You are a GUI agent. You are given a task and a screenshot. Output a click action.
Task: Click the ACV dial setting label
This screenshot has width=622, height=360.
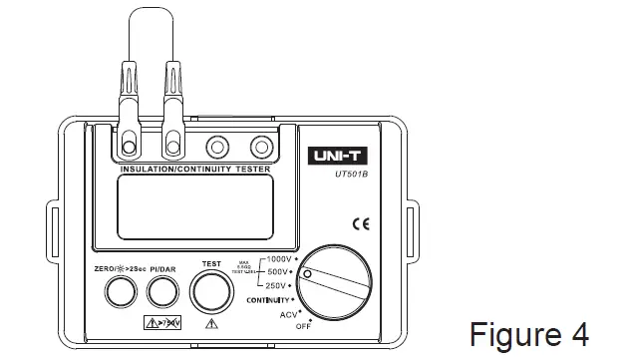pos(288,313)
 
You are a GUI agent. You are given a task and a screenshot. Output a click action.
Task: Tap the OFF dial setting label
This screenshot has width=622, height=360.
pos(302,325)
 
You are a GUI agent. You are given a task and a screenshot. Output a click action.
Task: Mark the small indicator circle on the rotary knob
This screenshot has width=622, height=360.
pos(308,273)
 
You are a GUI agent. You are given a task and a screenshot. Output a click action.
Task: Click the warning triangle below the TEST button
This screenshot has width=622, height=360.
pos(210,323)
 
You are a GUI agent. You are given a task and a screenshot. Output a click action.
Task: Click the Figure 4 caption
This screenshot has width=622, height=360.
pos(528,331)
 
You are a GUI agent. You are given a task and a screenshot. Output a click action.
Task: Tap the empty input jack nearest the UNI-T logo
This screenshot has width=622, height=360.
pos(260,144)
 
